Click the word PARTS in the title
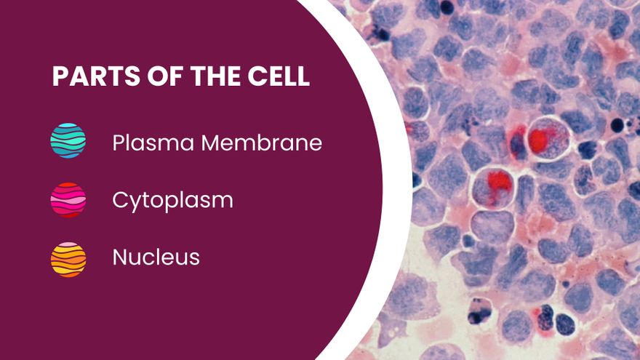click(96, 76)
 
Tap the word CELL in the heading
click(279, 76)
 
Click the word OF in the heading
click(165, 76)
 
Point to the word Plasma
click(153, 143)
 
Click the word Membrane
click(262, 143)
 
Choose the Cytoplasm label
click(172, 201)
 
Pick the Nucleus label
click(156, 257)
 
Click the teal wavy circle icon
click(68, 140)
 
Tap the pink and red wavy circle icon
click(68, 199)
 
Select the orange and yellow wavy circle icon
click(68, 260)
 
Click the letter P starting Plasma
click(119, 143)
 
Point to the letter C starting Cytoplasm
click(121, 200)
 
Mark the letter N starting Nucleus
click(120, 257)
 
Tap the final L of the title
click(303, 76)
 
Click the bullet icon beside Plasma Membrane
click(68, 140)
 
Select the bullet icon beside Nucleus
click(68, 260)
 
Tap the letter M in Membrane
click(211, 143)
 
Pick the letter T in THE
click(198, 76)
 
